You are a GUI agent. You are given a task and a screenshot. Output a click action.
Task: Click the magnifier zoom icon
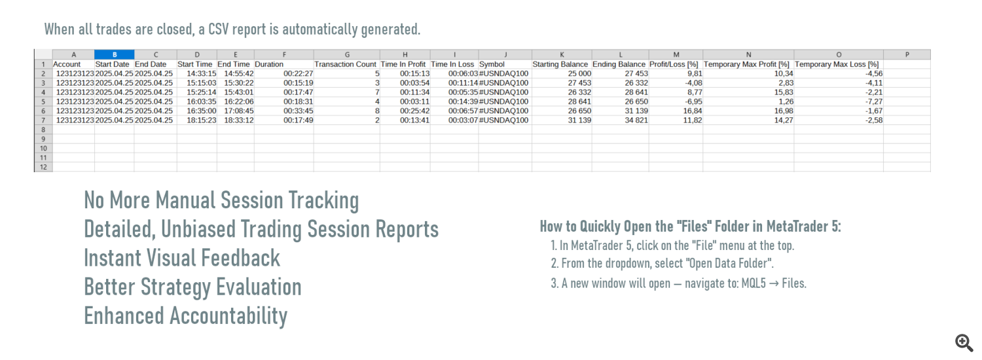coord(964,342)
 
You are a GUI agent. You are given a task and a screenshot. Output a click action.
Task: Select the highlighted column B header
coord(115,54)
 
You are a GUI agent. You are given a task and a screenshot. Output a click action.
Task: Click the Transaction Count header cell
coord(346,64)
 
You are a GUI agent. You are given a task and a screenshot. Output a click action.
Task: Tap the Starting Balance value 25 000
coord(579,74)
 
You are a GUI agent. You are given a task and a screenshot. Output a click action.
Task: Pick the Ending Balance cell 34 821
coord(636,120)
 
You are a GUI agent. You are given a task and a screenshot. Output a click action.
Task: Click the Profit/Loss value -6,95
coord(693,101)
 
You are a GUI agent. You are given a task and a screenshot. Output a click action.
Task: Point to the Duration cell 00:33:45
coord(298,111)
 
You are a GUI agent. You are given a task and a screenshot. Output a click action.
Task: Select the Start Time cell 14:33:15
coord(202,74)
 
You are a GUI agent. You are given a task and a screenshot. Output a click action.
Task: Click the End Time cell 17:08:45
coord(239,111)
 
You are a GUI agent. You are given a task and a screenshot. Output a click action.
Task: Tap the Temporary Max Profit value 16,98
coord(784,111)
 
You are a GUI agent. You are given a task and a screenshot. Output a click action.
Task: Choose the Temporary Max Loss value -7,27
coord(874,101)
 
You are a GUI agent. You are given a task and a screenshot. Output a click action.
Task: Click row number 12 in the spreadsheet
coord(43,167)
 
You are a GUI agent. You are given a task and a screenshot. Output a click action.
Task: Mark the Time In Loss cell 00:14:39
coord(463,101)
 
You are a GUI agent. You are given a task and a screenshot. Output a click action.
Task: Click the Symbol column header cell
coord(492,64)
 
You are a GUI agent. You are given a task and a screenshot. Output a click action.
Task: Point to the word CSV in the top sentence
coord(218,29)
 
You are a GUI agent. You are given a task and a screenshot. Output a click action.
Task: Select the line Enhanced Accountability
coord(185,315)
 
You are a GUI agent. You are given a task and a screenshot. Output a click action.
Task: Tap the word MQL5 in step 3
coord(754,283)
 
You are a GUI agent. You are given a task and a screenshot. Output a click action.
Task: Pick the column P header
coord(907,54)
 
